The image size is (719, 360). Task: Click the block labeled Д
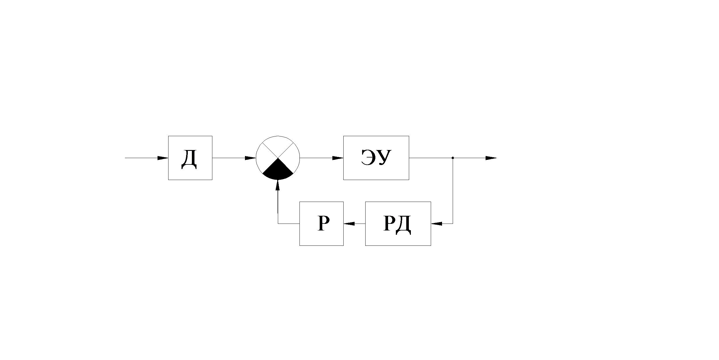coord(190,158)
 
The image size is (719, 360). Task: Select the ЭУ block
coord(376,158)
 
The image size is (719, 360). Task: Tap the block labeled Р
coord(321,224)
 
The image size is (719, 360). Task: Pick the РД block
coord(398,224)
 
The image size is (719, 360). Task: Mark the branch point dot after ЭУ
coord(453,158)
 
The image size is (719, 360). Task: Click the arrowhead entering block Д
coord(163,158)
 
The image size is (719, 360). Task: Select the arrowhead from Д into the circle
coord(250,158)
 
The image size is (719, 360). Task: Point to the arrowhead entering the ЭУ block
coord(338,158)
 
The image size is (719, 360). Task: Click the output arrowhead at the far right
coord(491,158)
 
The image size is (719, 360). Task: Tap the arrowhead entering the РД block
coord(437,224)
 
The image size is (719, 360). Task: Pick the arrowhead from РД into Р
coord(349,224)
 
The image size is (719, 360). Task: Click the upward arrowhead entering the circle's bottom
coord(278,185)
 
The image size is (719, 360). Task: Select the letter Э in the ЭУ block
coord(369,157)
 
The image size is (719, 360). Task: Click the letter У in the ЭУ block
coord(384,158)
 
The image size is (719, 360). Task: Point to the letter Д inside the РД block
coord(403,224)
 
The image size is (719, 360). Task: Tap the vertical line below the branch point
coord(453,191)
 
